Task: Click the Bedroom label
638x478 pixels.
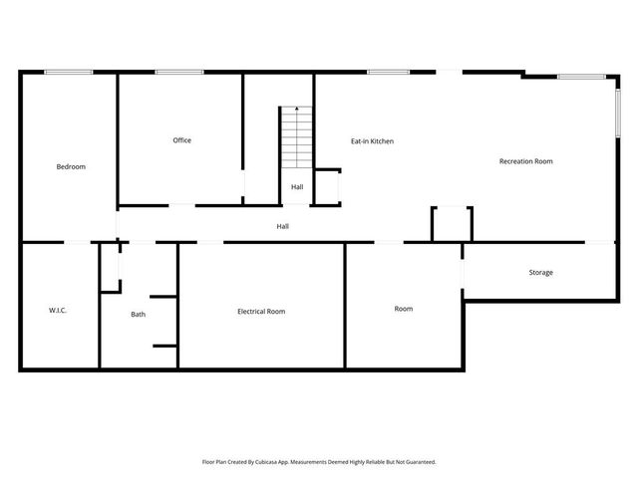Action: coord(71,167)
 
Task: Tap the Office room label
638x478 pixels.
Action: coord(181,140)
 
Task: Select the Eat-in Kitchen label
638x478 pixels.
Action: coord(372,141)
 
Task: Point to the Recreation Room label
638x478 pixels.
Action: coord(525,161)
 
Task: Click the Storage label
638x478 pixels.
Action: coord(540,273)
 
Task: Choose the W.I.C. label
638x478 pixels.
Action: coord(57,311)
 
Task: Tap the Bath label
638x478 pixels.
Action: coord(138,315)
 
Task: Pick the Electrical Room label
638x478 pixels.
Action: coord(261,312)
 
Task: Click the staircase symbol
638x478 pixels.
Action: coord(297,138)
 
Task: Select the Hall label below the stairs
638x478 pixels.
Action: coord(297,187)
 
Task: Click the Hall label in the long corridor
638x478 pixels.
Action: coord(283,227)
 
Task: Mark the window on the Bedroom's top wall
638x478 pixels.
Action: coord(69,72)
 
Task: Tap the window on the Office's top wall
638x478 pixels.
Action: coord(179,72)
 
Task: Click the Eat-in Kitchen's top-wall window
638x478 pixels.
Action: coord(389,72)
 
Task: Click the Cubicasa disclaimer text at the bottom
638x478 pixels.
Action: coord(319,462)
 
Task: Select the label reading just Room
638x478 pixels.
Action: coord(403,309)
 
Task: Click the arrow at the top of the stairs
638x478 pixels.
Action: coord(297,109)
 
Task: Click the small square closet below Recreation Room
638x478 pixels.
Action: coord(452,224)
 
